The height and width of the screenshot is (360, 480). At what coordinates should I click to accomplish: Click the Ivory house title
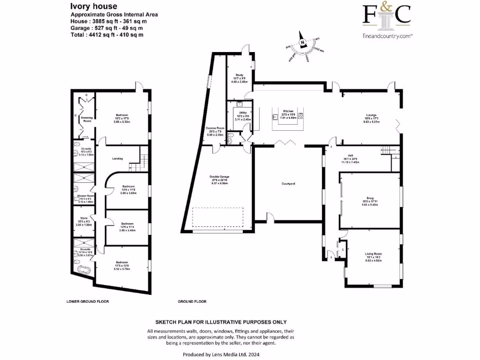click(x=90, y=7)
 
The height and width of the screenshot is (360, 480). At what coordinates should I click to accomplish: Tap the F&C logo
click(x=387, y=15)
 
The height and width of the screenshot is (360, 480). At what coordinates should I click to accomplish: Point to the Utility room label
click(x=243, y=112)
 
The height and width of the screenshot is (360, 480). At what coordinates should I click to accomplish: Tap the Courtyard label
click(x=288, y=183)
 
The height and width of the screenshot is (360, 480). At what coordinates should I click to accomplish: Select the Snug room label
click(x=370, y=197)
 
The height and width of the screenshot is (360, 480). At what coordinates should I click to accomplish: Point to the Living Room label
click(x=374, y=254)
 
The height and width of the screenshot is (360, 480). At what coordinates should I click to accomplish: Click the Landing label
click(x=117, y=158)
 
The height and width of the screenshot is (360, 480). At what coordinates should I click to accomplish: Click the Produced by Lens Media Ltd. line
click(x=220, y=355)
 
